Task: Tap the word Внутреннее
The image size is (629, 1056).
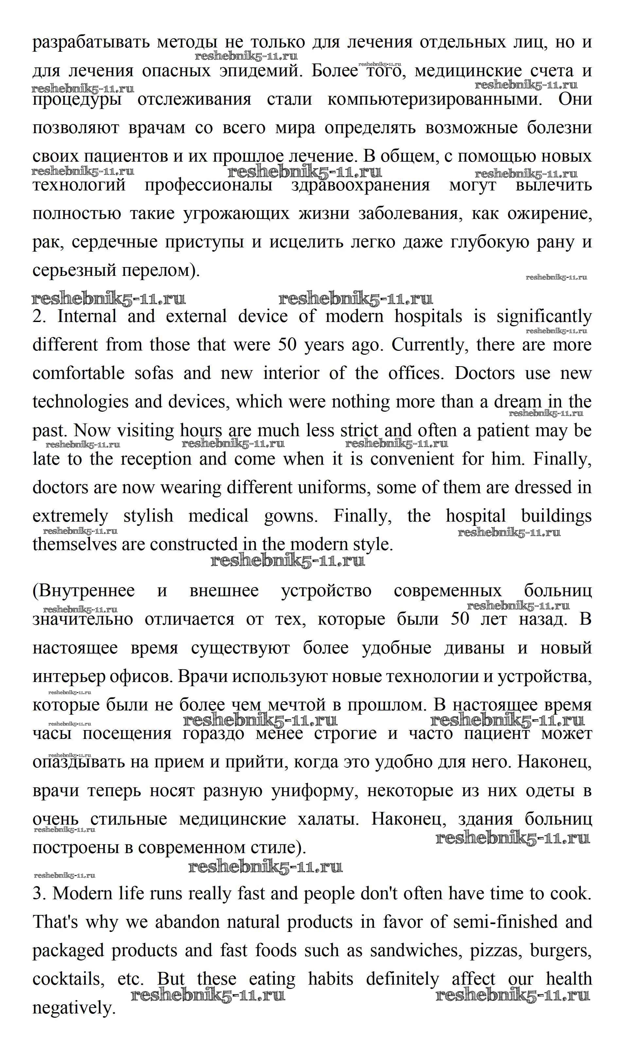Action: [x=84, y=591]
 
